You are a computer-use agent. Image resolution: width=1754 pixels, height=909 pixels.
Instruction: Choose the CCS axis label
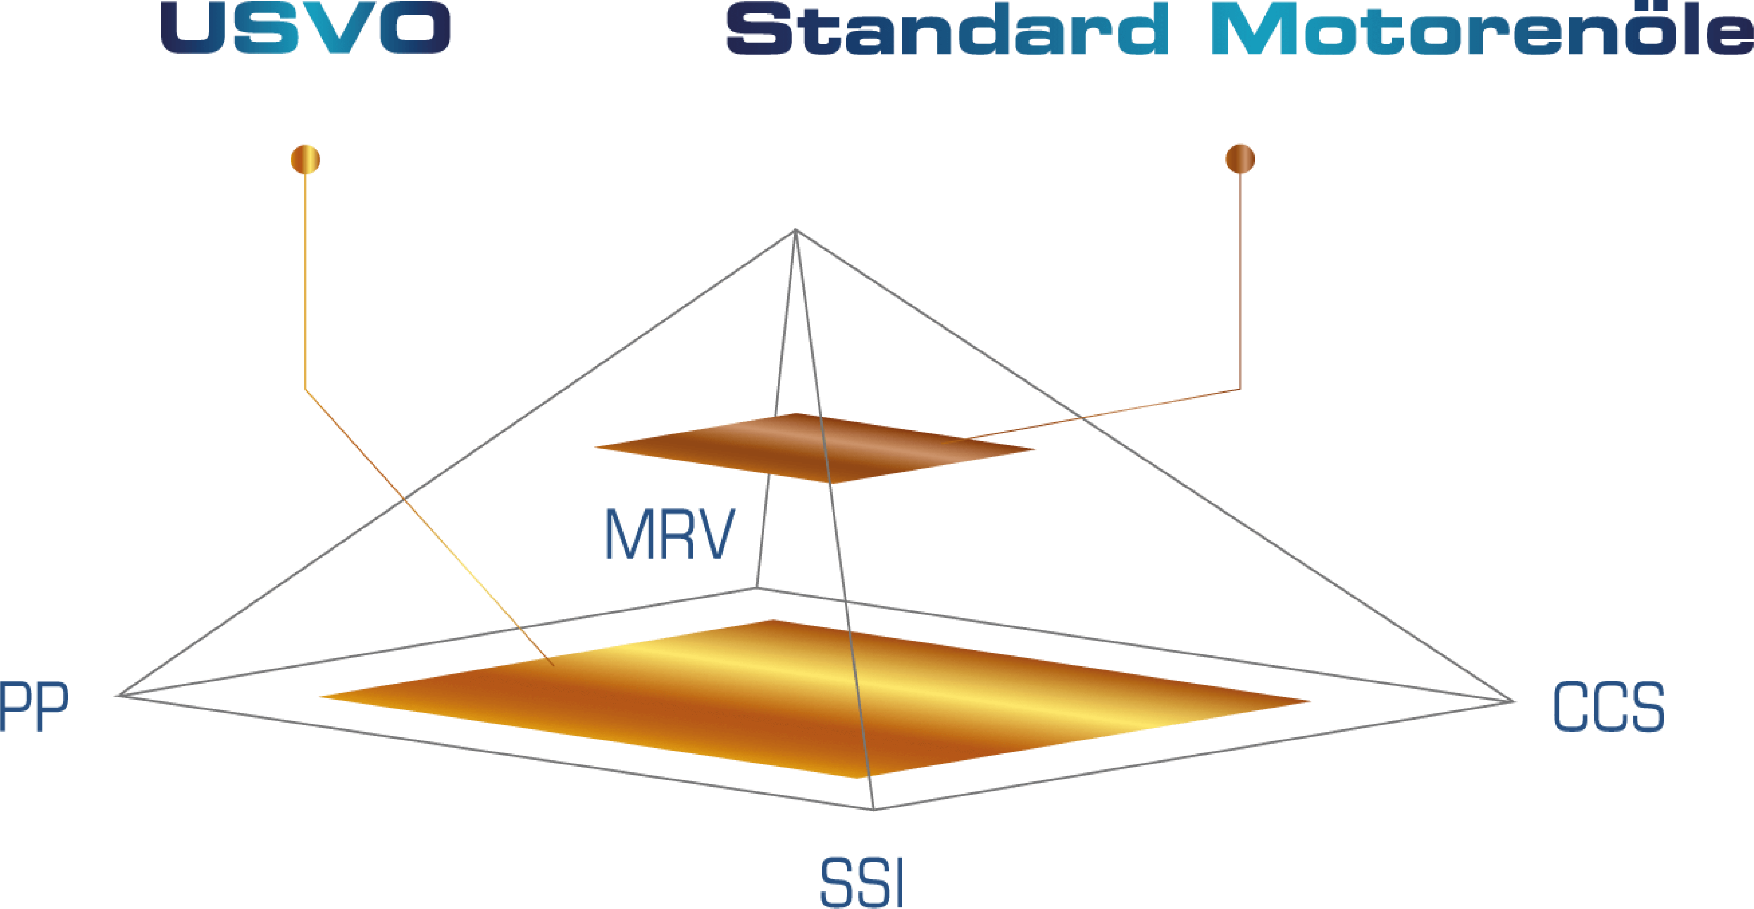pos(1608,708)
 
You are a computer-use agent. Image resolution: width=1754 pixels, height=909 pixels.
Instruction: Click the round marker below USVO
pos(305,159)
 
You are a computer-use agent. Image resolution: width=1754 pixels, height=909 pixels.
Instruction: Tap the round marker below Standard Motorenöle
pos(1240,159)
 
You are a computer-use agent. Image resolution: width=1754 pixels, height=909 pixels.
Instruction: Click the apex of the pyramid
pos(795,230)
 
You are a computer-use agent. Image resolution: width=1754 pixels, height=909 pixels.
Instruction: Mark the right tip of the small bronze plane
pos(1034,450)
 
